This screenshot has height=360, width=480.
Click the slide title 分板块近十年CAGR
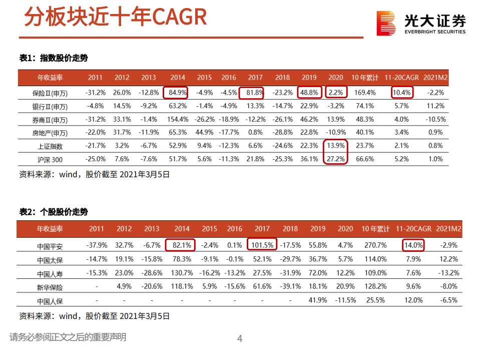[115, 17]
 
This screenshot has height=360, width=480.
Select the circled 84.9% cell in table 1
[178, 93]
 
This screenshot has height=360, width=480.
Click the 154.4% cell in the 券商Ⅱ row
[178, 119]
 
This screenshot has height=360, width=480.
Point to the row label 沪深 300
[50, 159]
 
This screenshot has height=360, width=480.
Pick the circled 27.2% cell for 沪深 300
[336, 159]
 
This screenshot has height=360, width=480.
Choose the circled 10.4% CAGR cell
[402, 93]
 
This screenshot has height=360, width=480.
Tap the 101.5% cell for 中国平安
[262, 245]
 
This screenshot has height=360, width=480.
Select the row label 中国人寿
[50, 273]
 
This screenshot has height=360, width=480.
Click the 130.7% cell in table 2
[182, 273]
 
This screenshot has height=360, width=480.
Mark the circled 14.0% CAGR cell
[413, 245]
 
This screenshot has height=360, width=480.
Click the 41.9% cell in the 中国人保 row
[318, 300]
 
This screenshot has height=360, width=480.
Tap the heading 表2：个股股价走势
[54, 212]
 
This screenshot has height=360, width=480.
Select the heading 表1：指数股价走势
[54, 58]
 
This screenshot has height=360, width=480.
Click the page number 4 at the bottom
[239, 339]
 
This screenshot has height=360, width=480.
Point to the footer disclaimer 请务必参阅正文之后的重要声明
[68, 337]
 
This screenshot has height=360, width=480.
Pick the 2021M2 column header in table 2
[448, 229]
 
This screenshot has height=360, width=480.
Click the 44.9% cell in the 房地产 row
[204, 132]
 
